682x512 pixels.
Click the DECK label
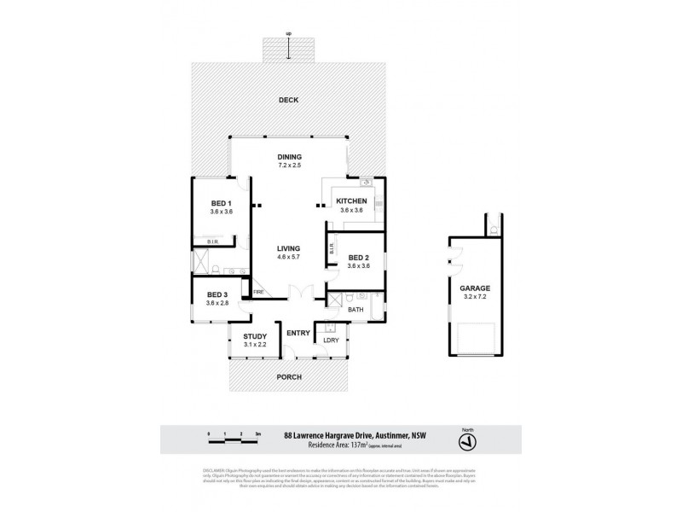289,101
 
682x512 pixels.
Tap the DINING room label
290,157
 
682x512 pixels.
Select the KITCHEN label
351,201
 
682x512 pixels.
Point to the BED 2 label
359,257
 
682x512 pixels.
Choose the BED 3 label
217,294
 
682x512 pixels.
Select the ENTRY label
298,333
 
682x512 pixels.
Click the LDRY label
331,340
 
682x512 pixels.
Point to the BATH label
355,310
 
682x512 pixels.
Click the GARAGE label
475,289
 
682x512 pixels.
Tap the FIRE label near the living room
259,294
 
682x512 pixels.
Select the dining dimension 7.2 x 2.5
290,166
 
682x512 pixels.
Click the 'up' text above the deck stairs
289,33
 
